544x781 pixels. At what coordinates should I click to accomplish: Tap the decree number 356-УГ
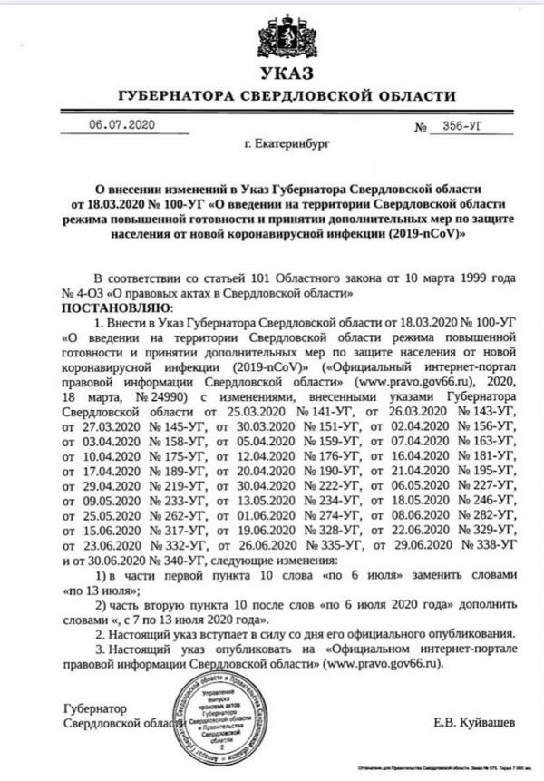[x=461, y=128]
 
